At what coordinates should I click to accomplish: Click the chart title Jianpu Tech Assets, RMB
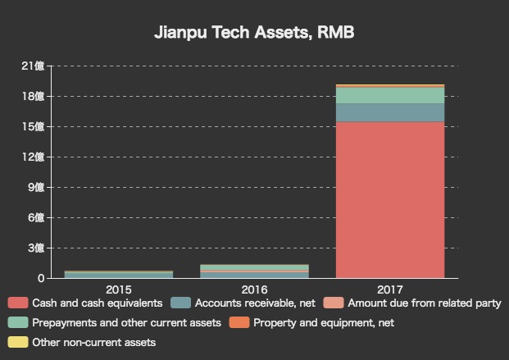click(x=254, y=34)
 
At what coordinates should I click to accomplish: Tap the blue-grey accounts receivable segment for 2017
click(x=390, y=112)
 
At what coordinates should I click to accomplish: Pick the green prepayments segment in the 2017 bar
click(x=390, y=95)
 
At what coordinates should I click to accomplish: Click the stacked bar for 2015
click(x=119, y=275)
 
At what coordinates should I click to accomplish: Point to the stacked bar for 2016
click(x=254, y=271)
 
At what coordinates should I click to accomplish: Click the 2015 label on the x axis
click(x=119, y=289)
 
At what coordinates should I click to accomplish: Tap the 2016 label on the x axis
click(x=254, y=289)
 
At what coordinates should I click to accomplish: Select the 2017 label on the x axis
click(x=390, y=289)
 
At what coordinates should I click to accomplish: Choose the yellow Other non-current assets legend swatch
click(x=17, y=343)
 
